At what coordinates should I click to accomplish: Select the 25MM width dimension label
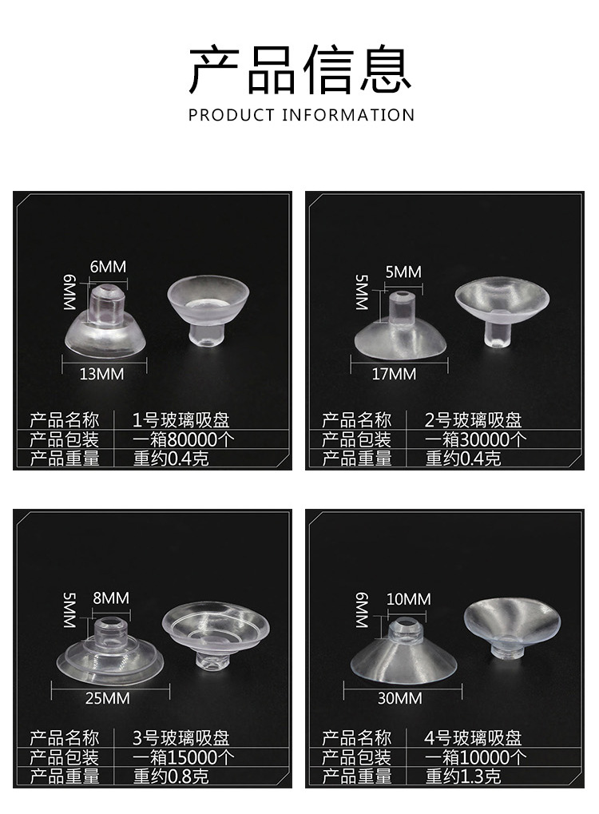tap(107, 698)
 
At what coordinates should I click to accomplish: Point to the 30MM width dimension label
tap(399, 698)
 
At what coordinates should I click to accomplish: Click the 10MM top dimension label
tap(408, 599)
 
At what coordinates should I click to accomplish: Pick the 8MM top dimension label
tap(110, 598)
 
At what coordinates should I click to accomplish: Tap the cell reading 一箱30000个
tap(475, 439)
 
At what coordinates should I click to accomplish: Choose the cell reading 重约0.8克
tap(170, 776)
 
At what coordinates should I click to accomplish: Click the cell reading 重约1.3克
tap(463, 776)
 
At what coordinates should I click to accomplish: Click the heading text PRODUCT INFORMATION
tap(302, 115)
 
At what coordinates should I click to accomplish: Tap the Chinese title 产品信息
tap(299, 70)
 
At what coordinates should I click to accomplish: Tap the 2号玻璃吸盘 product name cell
tap(473, 420)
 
